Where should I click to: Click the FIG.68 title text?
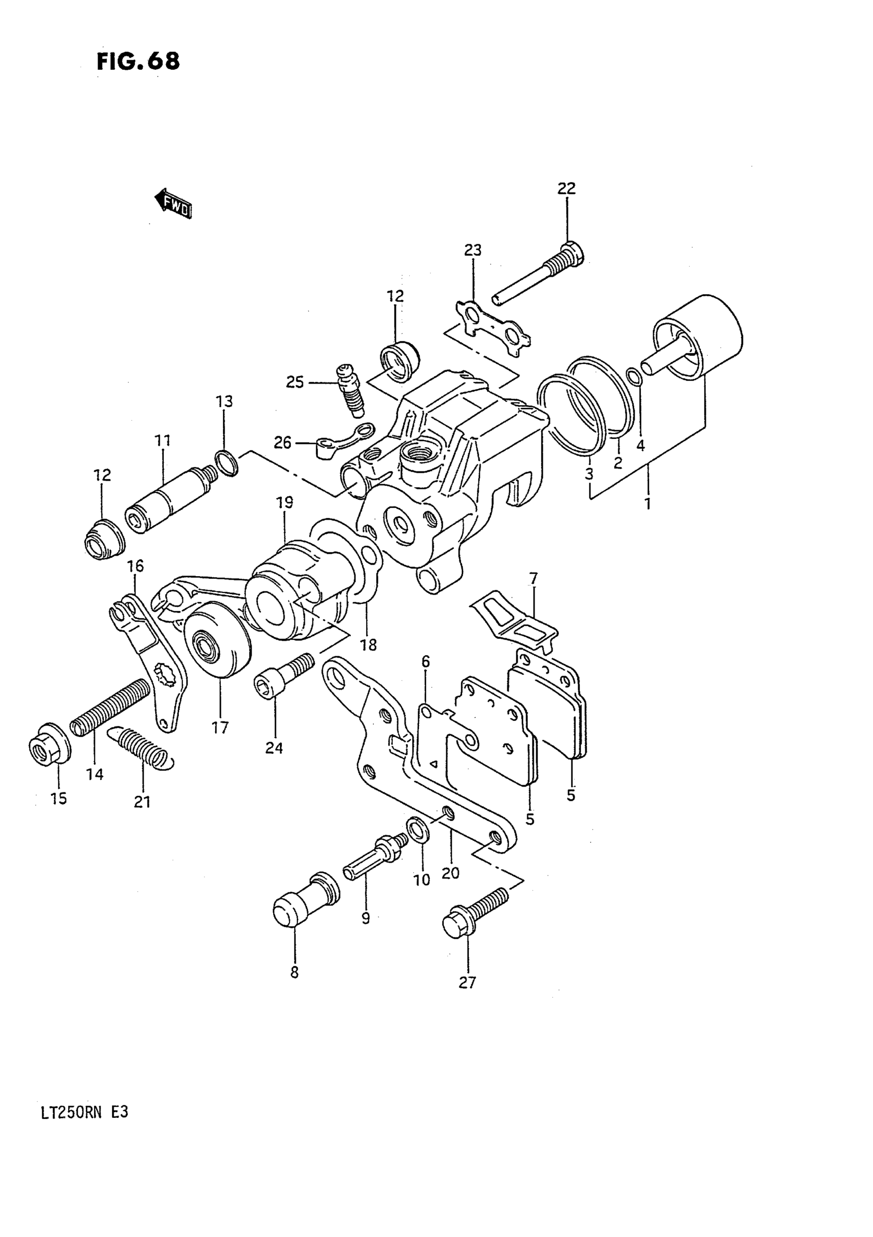pyautogui.click(x=138, y=62)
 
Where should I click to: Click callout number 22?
pyautogui.click(x=566, y=188)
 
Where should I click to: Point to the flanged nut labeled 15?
pyautogui.click(x=48, y=743)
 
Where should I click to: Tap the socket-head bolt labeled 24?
pyautogui.click(x=282, y=675)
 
